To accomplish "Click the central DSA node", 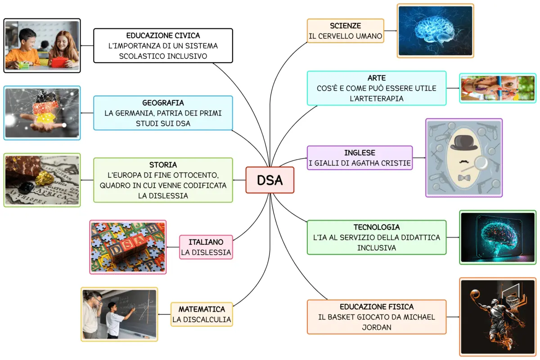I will (x=270, y=180).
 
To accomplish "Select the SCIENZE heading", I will (x=345, y=26).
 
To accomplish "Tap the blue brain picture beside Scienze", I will (x=435, y=31).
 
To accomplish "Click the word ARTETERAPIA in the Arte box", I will (x=377, y=98).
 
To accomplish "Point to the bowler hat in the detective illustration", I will (x=463, y=143).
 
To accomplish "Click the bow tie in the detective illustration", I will (x=463, y=178).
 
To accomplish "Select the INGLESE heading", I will (x=360, y=153).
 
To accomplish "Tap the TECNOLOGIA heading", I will (x=377, y=227).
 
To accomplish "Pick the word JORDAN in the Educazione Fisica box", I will (x=377, y=327).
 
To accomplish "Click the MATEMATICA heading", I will (x=202, y=310).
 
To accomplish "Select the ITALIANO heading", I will (x=207, y=242).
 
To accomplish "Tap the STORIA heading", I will (x=163, y=165).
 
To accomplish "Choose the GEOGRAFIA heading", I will (x=163, y=103).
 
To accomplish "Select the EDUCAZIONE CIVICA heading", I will (x=163, y=35).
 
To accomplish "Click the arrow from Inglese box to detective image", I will (x=419, y=158).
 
